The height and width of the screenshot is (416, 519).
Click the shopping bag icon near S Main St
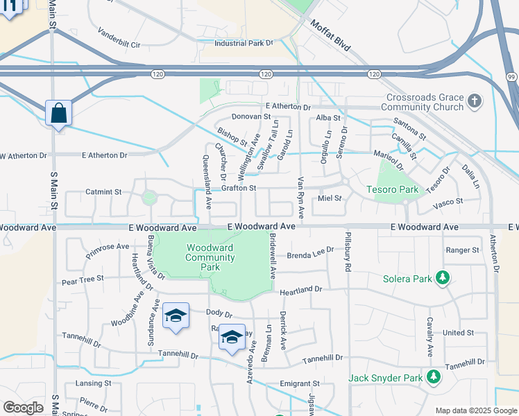pyautogui.click(x=58, y=112)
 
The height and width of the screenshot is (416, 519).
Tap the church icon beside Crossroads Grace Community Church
pyautogui.click(x=474, y=102)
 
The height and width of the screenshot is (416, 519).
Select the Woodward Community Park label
pyautogui.click(x=210, y=257)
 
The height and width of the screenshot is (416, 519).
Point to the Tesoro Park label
pyautogui.click(x=393, y=189)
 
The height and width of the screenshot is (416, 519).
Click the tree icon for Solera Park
pyautogui.click(x=442, y=279)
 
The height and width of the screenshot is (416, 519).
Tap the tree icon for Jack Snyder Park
pyautogui.click(x=434, y=378)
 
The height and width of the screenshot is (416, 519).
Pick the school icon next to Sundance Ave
pyautogui.click(x=176, y=315)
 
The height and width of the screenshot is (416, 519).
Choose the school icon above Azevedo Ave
pyautogui.click(x=232, y=337)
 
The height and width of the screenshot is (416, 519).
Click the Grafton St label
pyautogui.click(x=239, y=188)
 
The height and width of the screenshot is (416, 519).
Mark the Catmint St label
pyautogui.click(x=103, y=191)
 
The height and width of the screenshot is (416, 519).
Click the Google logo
pyautogui.click(x=23, y=408)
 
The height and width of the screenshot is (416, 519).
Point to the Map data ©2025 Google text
pyautogui.click(x=475, y=410)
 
